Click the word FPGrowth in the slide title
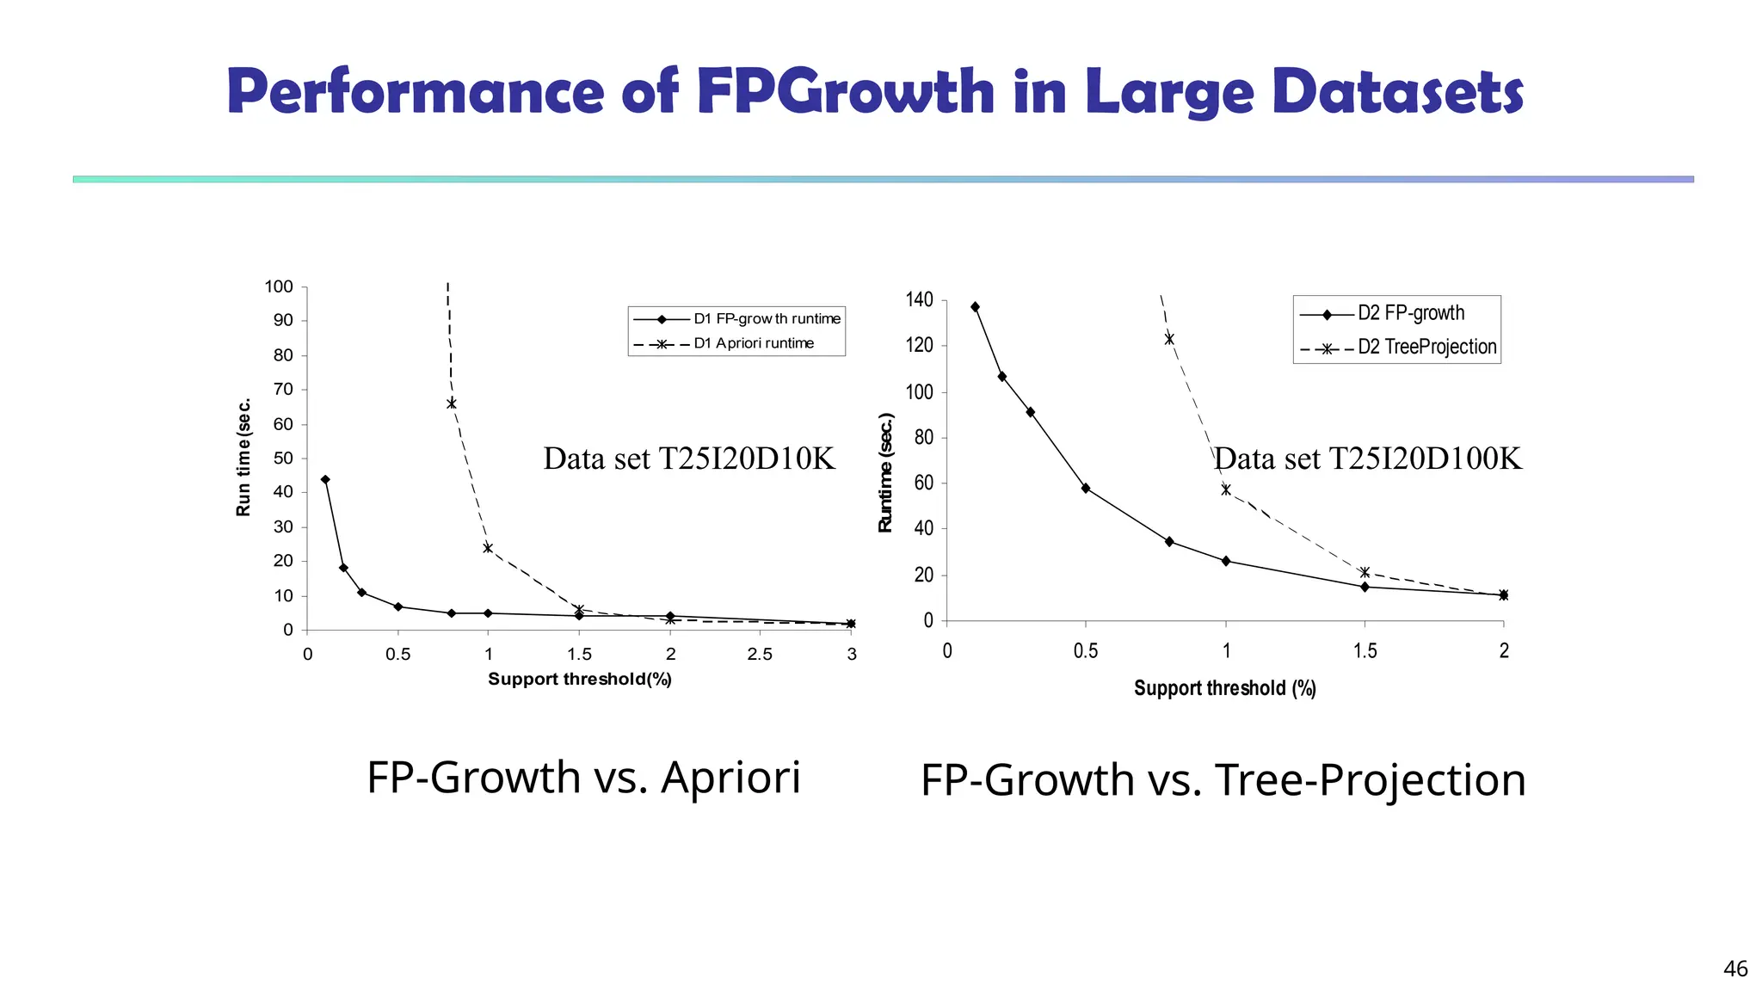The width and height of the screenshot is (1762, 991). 845,91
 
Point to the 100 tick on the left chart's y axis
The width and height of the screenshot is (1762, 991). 279,286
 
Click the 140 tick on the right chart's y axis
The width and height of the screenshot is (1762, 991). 919,299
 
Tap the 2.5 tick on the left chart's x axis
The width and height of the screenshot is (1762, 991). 760,654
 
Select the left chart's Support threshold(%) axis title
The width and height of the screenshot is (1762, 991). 580,680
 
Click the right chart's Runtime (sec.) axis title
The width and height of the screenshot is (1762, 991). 886,472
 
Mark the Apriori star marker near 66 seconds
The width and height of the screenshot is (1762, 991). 452,403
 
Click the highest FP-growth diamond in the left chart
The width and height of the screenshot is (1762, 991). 325,480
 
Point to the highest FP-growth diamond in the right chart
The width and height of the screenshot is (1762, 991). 975,307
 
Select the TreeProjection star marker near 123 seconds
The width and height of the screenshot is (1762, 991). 1169,339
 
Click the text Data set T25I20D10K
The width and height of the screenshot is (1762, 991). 689,459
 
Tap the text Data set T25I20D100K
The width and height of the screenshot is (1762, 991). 1367,459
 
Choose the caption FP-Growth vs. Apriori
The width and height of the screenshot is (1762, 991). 583,777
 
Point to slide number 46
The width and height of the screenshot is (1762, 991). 1735,969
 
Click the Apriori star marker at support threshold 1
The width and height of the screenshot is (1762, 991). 488,548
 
